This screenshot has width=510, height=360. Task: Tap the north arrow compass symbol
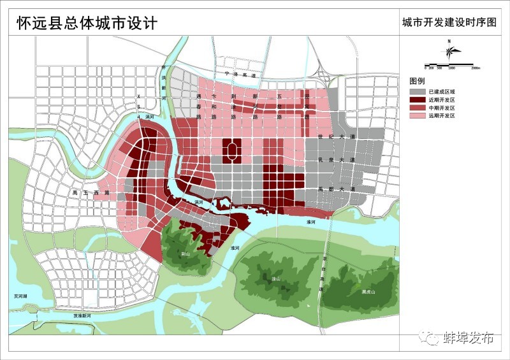click(x=449, y=52)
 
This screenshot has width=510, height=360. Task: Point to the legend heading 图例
click(x=417, y=82)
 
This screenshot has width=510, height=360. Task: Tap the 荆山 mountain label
click(x=186, y=252)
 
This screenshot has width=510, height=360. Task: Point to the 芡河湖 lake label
click(x=22, y=296)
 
